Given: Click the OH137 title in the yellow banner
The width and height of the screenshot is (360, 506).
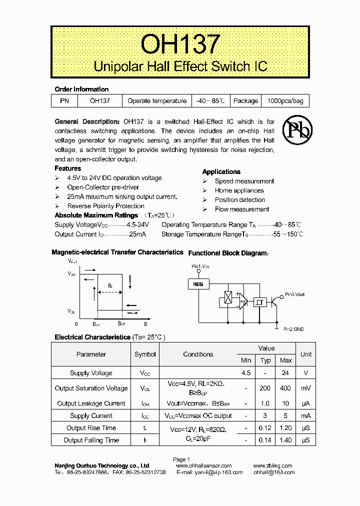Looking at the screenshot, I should [x=180, y=44].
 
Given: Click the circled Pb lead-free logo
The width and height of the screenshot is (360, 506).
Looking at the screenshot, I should [x=297, y=130].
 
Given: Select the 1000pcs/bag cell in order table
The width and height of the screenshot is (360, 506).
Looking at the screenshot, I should [x=285, y=101].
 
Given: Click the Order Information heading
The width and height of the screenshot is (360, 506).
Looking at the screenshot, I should [x=81, y=89].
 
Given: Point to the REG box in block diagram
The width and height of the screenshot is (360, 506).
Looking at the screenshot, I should [x=198, y=284].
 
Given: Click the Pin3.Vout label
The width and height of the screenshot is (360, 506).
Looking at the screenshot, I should [x=294, y=294].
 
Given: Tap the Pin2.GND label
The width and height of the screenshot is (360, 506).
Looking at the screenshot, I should [x=293, y=329].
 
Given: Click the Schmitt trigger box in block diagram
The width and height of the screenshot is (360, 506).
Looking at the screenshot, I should [x=259, y=301].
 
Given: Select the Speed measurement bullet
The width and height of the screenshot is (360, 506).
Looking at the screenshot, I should [x=244, y=181].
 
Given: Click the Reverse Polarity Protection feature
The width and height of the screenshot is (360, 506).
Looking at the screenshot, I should [x=105, y=206].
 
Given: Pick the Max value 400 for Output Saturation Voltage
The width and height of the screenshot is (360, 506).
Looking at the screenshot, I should [x=286, y=388].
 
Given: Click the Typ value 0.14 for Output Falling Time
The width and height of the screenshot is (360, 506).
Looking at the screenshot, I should [x=265, y=440].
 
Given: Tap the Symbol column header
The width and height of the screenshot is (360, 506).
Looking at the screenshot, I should [x=145, y=354].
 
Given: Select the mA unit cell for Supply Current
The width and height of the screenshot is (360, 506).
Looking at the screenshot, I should [x=306, y=415].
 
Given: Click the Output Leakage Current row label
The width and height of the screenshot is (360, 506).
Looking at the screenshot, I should [x=91, y=403].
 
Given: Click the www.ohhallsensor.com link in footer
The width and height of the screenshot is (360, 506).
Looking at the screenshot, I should [x=204, y=465].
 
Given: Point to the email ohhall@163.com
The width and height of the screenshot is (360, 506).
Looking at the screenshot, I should [x=272, y=472].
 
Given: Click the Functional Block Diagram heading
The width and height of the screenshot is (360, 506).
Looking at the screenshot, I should [x=227, y=253].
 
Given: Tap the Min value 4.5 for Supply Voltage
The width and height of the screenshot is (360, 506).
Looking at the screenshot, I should [x=246, y=373].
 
